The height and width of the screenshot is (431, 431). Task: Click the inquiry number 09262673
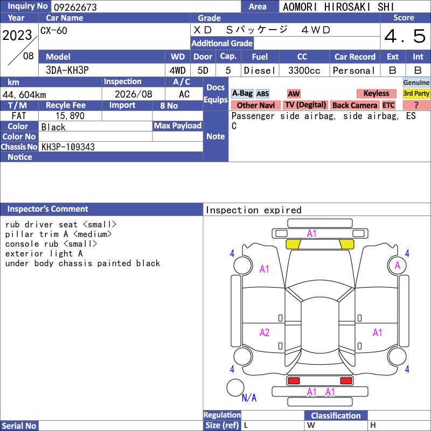(75, 7)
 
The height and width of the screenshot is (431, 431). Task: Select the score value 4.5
(405, 36)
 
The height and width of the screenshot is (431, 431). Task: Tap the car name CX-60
(53, 31)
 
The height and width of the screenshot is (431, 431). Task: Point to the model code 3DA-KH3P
(67, 71)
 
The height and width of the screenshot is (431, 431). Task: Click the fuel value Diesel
(260, 71)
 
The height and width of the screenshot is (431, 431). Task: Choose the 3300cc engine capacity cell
(304, 71)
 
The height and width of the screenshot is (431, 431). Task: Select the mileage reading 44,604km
(24, 95)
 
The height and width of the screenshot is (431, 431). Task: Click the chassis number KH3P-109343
(68, 147)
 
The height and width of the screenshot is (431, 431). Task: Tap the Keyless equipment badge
(376, 93)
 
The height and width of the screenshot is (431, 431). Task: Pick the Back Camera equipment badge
(354, 105)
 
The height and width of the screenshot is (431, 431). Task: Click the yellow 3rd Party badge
(416, 93)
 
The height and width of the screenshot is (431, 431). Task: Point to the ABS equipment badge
(262, 94)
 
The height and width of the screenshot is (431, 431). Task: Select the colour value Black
(53, 127)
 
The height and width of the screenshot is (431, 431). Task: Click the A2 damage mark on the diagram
(265, 333)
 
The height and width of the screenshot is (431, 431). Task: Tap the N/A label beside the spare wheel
(249, 398)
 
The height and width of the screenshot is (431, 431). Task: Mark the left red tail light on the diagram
(294, 381)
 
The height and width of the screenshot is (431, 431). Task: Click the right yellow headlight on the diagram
(346, 244)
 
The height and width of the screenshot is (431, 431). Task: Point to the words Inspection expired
(253, 210)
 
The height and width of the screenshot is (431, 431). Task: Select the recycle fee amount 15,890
(70, 116)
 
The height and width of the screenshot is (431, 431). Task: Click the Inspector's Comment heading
(48, 209)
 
